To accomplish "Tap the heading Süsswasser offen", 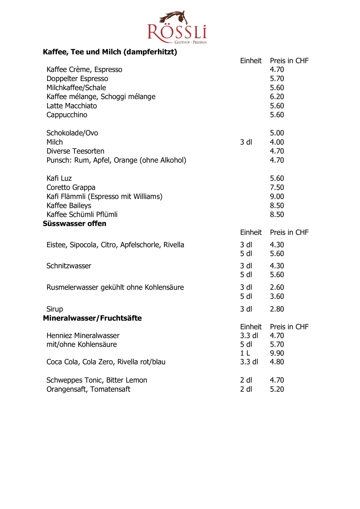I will coord(75,224).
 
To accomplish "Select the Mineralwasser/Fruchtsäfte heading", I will coord(92,318).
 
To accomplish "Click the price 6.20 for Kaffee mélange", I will coord(277,97).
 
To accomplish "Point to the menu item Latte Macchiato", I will coord(72,106).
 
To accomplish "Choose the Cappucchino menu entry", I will coord(67,115).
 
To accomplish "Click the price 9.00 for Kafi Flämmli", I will coord(277,196).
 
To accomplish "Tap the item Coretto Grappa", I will coord(71,187).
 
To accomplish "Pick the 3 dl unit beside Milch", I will coord(246,142).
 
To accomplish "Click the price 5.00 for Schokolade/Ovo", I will coord(277,133).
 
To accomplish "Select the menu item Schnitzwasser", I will coord(69,266).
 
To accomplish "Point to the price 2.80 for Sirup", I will coord(277,309).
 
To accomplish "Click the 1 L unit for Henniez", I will coord(245,353).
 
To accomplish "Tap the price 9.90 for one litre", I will coord(277,353).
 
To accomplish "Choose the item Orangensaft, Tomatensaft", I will coord(88,389).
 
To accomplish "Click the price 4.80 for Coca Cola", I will coord(277,362).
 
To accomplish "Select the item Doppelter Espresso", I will coord(77,79).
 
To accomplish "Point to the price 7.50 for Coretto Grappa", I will coord(277,187).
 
